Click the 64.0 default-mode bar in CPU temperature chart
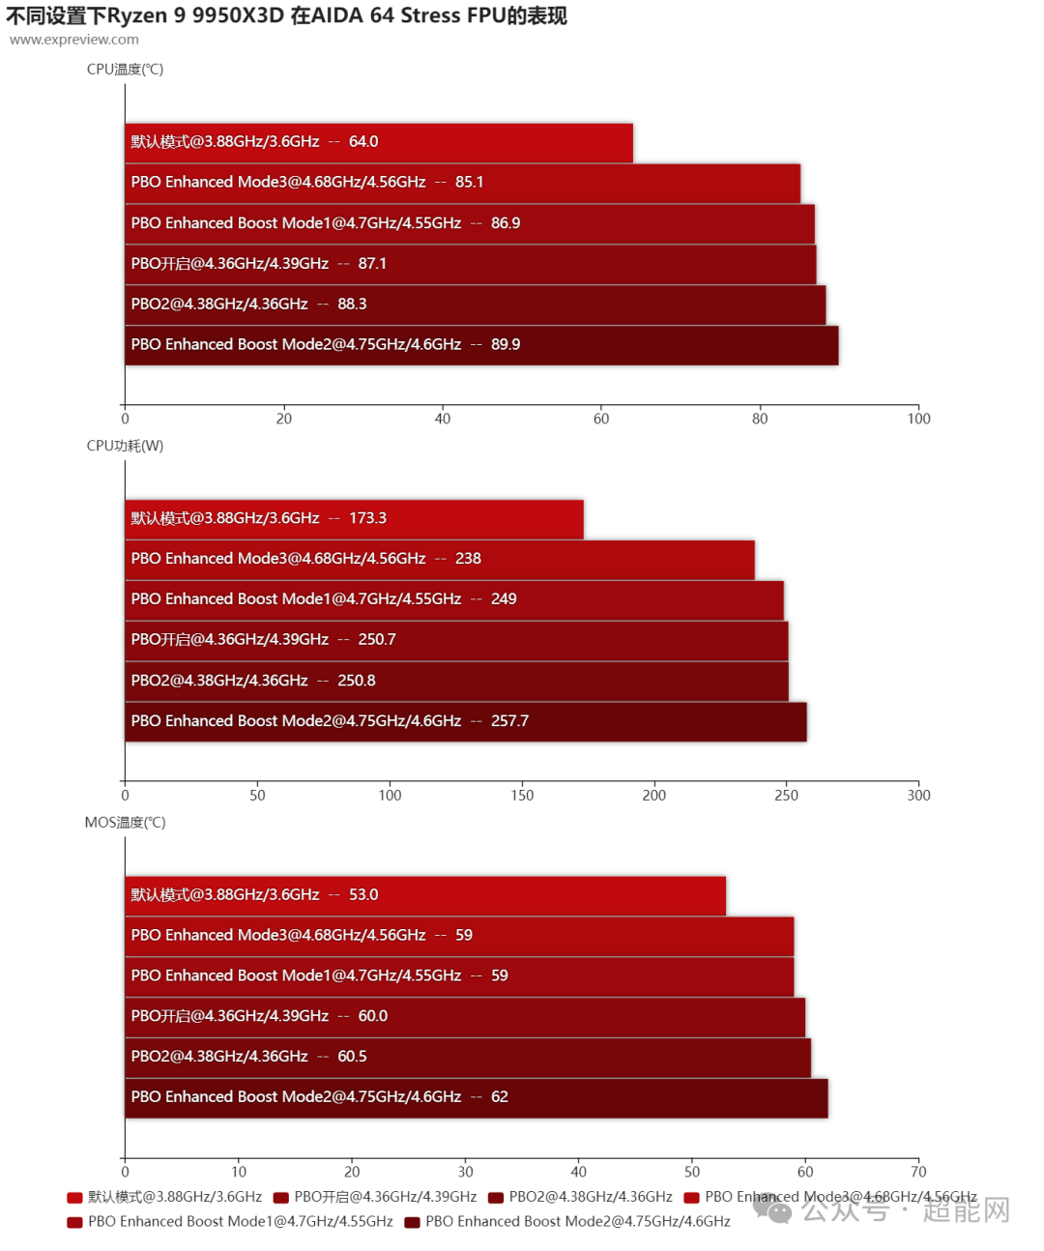379,142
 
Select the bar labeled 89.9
481,345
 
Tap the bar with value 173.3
354,519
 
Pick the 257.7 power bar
465,722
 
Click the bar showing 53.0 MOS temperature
425,895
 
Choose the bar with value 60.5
468,1058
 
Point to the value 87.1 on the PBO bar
372,264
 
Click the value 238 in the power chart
468,559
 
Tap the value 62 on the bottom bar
500,1097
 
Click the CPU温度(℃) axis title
125,70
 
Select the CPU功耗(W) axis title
125,446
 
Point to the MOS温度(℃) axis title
125,822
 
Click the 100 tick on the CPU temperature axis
918,419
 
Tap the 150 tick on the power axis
522,795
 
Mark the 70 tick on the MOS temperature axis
918,1172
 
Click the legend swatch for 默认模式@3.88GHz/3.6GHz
74,1198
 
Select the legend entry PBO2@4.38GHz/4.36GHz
580,1197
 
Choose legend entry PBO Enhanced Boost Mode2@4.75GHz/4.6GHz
567,1222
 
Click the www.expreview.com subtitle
74,40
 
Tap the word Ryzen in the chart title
137,15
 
